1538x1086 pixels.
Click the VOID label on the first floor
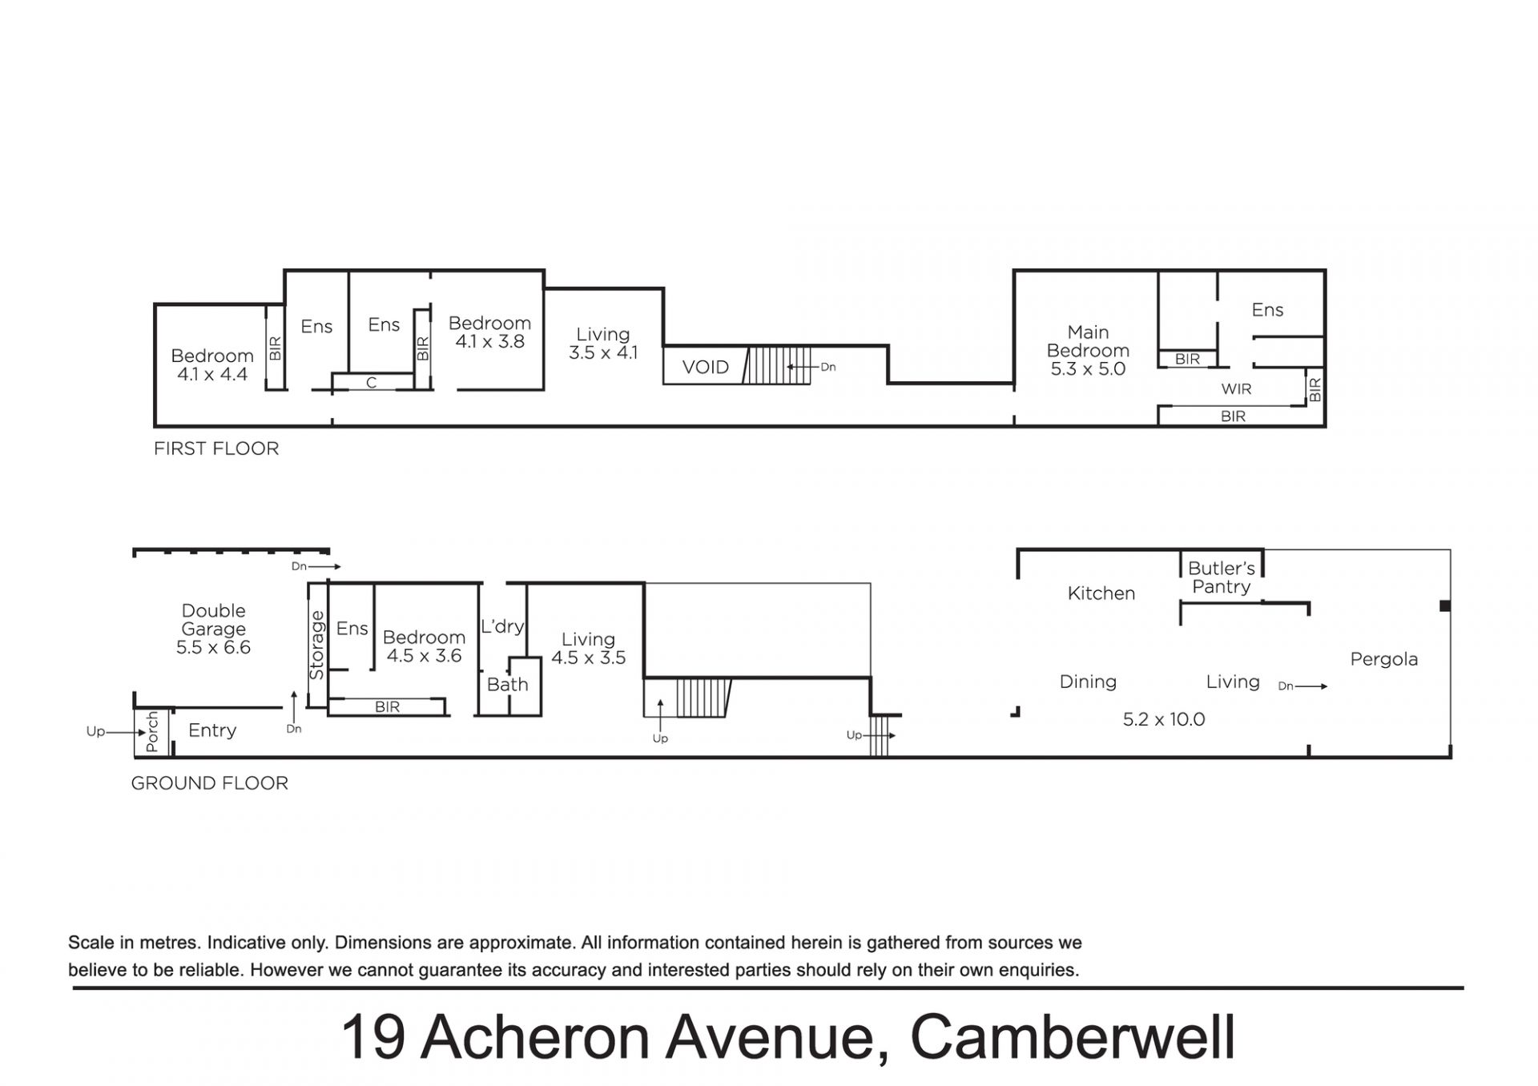pyautogui.click(x=705, y=368)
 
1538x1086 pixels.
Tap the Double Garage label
pyautogui.click(x=213, y=620)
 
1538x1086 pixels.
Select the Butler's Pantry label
pyautogui.click(x=1221, y=577)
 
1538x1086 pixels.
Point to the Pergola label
pyautogui.click(x=1383, y=660)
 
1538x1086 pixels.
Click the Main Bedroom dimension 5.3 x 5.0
pyautogui.click(x=1088, y=369)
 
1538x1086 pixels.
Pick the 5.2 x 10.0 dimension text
pyautogui.click(x=1163, y=719)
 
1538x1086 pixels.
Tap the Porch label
pyautogui.click(x=152, y=732)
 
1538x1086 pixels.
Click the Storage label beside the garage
pyautogui.click(x=316, y=645)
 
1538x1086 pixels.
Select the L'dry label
pyautogui.click(x=502, y=626)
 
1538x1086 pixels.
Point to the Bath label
pyautogui.click(x=507, y=685)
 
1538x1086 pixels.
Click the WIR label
pyautogui.click(x=1236, y=389)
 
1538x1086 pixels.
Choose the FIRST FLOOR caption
pyautogui.click(x=216, y=448)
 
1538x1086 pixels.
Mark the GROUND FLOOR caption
pyautogui.click(x=209, y=783)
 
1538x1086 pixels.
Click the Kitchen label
pyautogui.click(x=1101, y=593)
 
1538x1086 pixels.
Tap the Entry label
pyautogui.click(x=212, y=730)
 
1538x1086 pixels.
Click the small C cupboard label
pyautogui.click(x=371, y=384)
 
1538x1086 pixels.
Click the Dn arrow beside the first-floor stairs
pyautogui.click(x=802, y=367)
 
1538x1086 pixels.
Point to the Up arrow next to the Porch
pyautogui.click(x=127, y=732)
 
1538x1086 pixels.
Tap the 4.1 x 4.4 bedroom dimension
pyautogui.click(x=212, y=374)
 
